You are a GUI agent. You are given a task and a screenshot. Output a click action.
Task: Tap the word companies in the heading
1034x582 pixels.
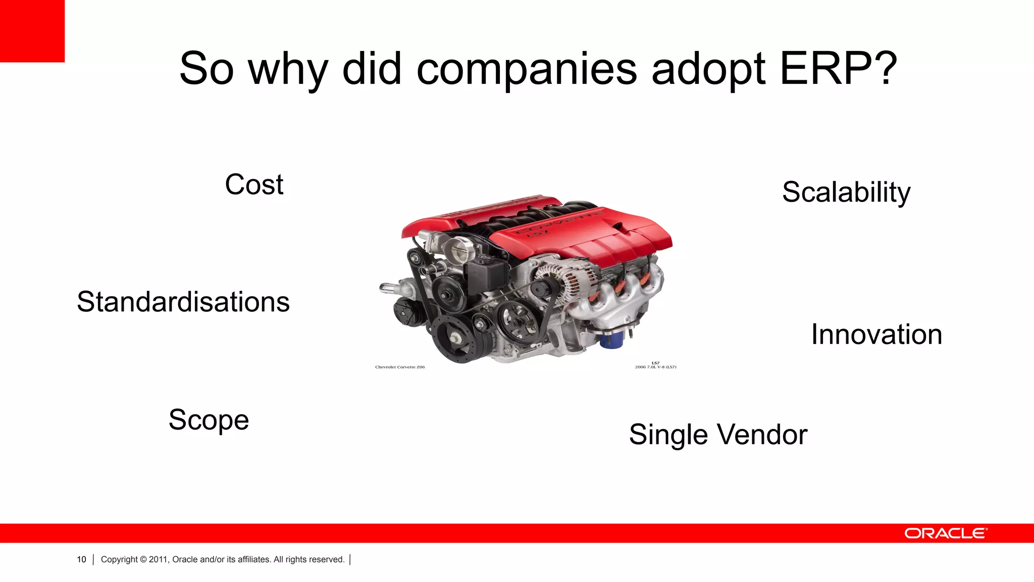coord(527,70)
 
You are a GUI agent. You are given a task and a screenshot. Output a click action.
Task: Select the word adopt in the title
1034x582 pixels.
coord(708,70)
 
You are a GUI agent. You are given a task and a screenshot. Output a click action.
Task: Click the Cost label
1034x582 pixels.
coord(254,184)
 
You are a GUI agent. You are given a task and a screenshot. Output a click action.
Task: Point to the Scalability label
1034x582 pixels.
coord(846,192)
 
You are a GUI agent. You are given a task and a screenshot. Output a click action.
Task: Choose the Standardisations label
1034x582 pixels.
coord(183,302)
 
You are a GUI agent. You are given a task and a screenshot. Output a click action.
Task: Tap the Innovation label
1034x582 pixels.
coord(876,334)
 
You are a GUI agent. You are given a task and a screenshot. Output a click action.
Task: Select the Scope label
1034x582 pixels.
coord(209,420)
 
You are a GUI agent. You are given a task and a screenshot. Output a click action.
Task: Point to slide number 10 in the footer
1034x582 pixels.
coord(81,559)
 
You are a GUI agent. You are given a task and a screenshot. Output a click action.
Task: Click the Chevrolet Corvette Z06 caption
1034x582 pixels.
coord(400,367)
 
